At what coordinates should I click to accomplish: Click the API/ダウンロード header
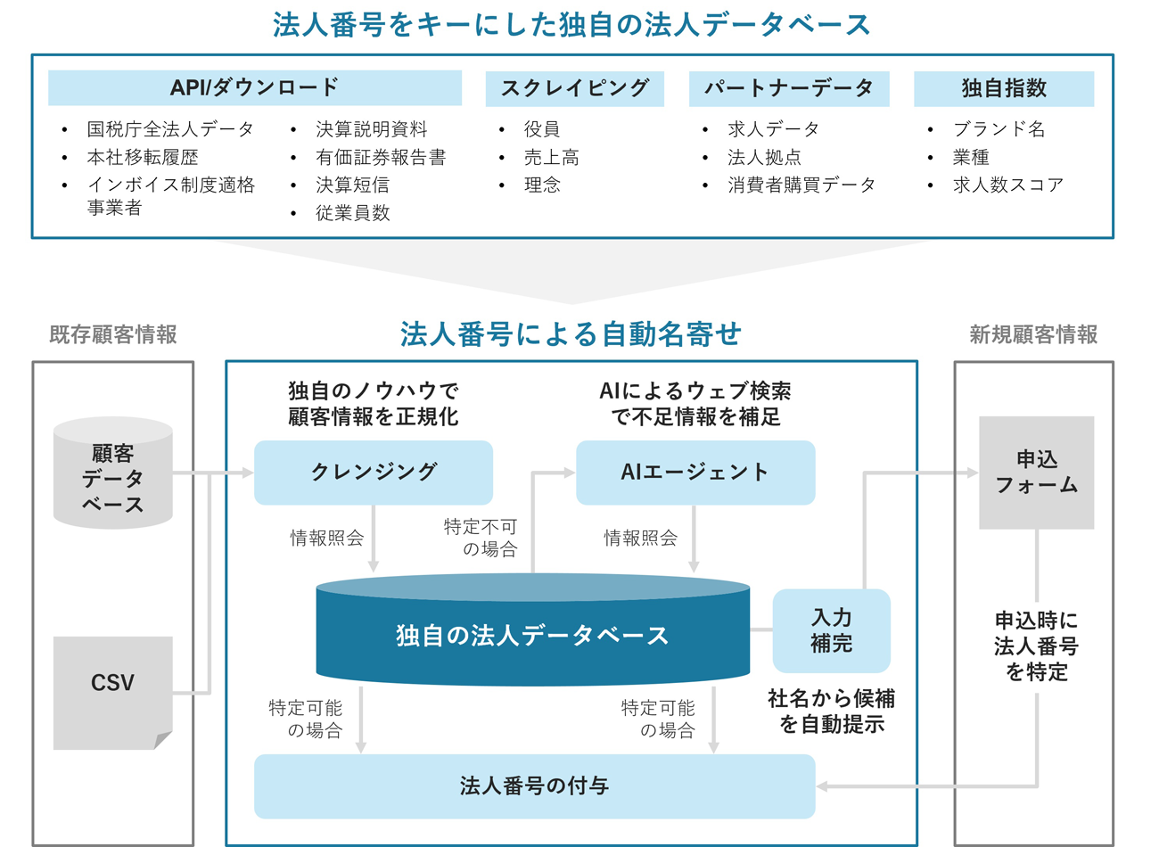pos(254,87)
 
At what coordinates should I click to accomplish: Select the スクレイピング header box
pos(574,88)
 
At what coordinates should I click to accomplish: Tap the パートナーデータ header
pos(788,88)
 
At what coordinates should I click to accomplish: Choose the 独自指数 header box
pos(1003,88)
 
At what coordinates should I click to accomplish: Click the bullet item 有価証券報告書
pos(380,157)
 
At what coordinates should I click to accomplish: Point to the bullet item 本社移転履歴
pos(142,157)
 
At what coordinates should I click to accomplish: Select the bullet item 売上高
pos(551,157)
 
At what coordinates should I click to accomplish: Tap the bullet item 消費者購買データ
pos(801,185)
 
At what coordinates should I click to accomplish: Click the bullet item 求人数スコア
pos(1007,185)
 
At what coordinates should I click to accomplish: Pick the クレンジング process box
pos(374,472)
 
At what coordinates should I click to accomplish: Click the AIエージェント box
pos(695,472)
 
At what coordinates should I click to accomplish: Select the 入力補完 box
pos(831,630)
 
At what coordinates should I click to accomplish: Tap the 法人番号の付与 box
pos(534,785)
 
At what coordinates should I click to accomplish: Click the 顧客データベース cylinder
pos(113,478)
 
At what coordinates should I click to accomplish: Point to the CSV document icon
pos(112,684)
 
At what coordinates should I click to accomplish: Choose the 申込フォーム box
pos(1036,473)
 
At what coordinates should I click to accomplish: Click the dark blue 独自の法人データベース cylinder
pos(532,635)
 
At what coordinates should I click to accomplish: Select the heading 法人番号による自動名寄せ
pos(571,334)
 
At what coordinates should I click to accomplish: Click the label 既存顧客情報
pos(113,335)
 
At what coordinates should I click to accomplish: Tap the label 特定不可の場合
pos(481,538)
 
